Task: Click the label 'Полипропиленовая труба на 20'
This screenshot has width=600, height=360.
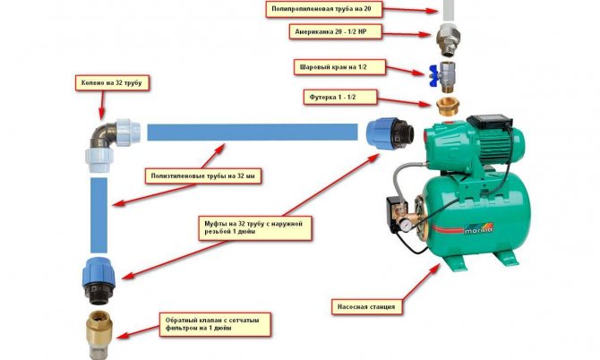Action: tap(324, 9)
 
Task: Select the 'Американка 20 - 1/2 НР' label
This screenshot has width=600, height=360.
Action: tap(336, 31)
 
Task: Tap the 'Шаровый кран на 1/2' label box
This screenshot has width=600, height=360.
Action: tap(339, 67)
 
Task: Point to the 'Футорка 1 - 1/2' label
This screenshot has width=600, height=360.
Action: tap(340, 98)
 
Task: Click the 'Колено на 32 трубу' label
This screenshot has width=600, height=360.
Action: tap(112, 82)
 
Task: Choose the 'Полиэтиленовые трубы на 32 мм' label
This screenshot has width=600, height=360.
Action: tap(203, 176)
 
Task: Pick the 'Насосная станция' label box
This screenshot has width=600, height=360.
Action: tap(367, 306)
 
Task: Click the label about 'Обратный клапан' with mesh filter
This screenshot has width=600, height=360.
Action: tap(215, 324)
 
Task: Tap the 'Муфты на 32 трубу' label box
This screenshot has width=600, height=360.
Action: tap(255, 228)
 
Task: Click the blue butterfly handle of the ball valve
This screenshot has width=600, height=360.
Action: tap(433, 76)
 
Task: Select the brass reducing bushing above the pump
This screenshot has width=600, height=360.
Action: tap(448, 107)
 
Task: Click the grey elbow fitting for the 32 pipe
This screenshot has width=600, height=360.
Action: tap(113, 143)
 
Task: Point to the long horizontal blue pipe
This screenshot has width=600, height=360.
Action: tap(253, 132)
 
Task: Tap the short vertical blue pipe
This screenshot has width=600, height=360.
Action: tap(99, 215)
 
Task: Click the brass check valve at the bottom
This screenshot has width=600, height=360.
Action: tap(99, 334)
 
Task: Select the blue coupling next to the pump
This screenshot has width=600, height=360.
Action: tap(390, 133)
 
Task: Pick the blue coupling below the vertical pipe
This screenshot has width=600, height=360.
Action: tap(99, 280)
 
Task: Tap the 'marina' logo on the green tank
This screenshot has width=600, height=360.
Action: tap(478, 229)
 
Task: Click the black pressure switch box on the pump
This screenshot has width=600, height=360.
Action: tap(394, 208)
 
